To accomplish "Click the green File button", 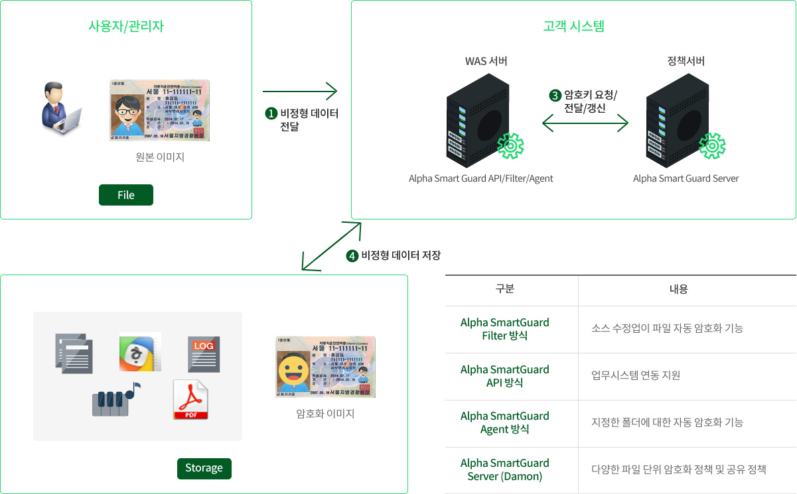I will (x=126, y=195).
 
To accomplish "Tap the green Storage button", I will (x=204, y=468).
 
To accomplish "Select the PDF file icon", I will (x=190, y=400).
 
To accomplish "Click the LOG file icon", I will (x=204, y=354).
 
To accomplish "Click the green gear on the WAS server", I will (x=510, y=146).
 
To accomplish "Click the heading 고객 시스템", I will (x=573, y=27).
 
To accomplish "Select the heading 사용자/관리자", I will (x=126, y=27).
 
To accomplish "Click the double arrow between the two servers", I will (x=585, y=123).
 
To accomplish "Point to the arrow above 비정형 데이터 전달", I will (x=300, y=91).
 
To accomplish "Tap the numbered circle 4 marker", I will (x=352, y=255).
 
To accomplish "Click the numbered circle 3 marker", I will (x=555, y=95).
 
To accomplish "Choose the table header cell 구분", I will (x=505, y=289).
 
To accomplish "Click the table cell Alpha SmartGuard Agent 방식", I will (x=505, y=422).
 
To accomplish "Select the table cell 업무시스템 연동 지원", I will (x=635, y=375).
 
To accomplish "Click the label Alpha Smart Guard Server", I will (x=686, y=178).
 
